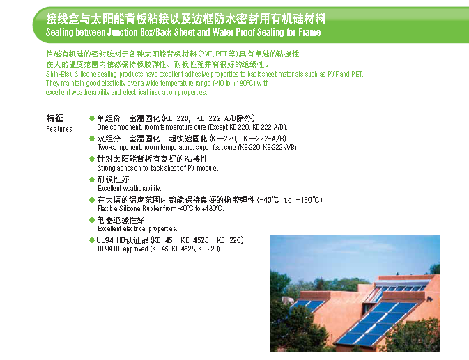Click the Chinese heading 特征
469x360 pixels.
[x=55, y=118]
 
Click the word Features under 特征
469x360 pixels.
[x=59, y=129]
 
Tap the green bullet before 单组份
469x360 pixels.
[x=92, y=118]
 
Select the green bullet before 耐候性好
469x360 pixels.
[x=92, y=180]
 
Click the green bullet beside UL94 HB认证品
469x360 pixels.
[x=92, y=240]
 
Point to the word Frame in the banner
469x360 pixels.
[x=309, y=32]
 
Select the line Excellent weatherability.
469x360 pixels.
[x=130, y=188]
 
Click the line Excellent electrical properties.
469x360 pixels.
[x=137, y=229]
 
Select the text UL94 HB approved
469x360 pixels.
[x=123, y=249]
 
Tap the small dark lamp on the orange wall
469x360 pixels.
[x=430, y=299]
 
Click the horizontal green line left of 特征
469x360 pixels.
[x=22, y=118]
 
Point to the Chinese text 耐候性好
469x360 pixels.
[x=113, y=180]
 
